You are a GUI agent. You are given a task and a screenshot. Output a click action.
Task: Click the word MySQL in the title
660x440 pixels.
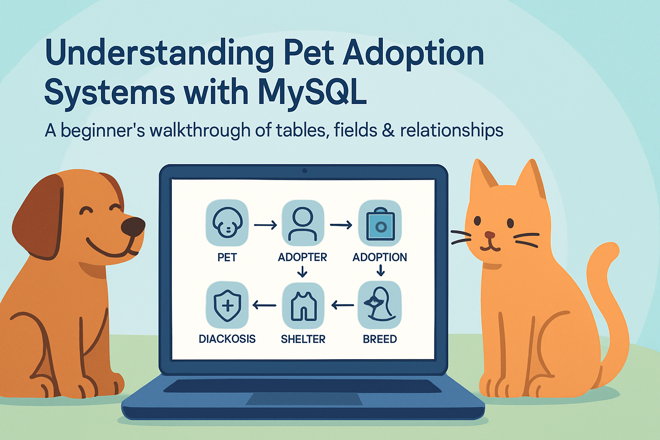pos(312,92)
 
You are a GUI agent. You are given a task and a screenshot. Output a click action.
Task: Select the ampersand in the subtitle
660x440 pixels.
pos(388,130)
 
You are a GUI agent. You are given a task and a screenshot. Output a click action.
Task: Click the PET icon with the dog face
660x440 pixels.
pos(227,223)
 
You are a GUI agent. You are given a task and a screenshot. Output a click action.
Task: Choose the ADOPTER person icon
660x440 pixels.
pos(303,223)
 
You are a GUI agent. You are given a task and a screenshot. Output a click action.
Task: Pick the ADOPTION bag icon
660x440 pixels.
pos(380,223)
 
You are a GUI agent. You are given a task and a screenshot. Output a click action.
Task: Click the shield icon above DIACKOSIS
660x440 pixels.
pos(227,305)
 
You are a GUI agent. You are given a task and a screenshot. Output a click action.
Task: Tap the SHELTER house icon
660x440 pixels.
pos(303,306)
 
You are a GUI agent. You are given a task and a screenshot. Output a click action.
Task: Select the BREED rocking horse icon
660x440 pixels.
pos(380,305)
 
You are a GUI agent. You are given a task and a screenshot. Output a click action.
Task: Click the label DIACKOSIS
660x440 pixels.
pos(227,339)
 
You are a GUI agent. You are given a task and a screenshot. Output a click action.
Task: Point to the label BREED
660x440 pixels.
pos(380,339)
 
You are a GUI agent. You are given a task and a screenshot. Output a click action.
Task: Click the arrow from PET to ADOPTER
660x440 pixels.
pos(265,226)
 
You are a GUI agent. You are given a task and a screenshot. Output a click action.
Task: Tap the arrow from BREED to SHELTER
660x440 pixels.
pos(342,306)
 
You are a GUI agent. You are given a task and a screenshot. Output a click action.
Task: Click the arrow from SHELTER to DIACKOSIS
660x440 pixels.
pos(264,306)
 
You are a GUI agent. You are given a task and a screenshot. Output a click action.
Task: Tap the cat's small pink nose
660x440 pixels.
pos(490,235)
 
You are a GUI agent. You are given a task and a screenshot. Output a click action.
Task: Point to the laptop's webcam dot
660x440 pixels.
pos(305,171)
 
